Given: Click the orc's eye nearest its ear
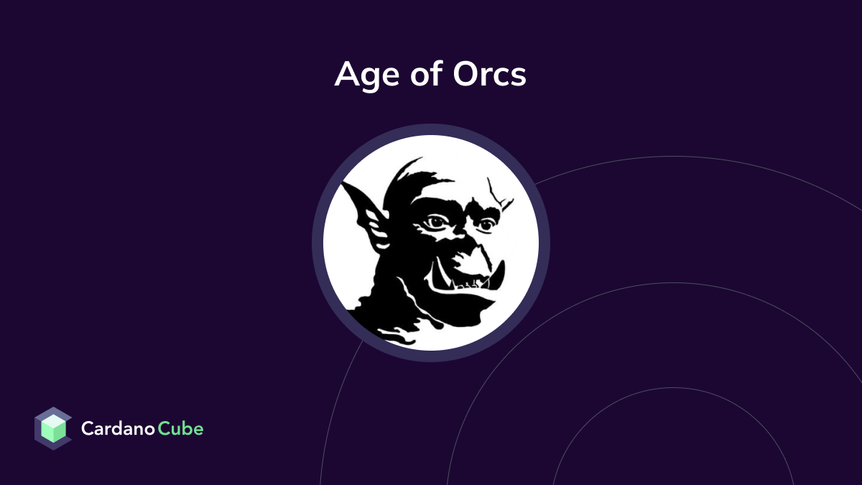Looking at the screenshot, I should (436, 222).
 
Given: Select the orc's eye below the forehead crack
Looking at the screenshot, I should (486, 225).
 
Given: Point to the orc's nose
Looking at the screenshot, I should (471, 255).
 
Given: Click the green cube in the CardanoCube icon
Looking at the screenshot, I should (53, 430).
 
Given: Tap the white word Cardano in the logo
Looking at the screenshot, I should (119, 429).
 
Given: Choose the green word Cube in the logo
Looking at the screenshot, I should (181, 429).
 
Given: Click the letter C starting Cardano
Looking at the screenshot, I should (87, 429).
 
